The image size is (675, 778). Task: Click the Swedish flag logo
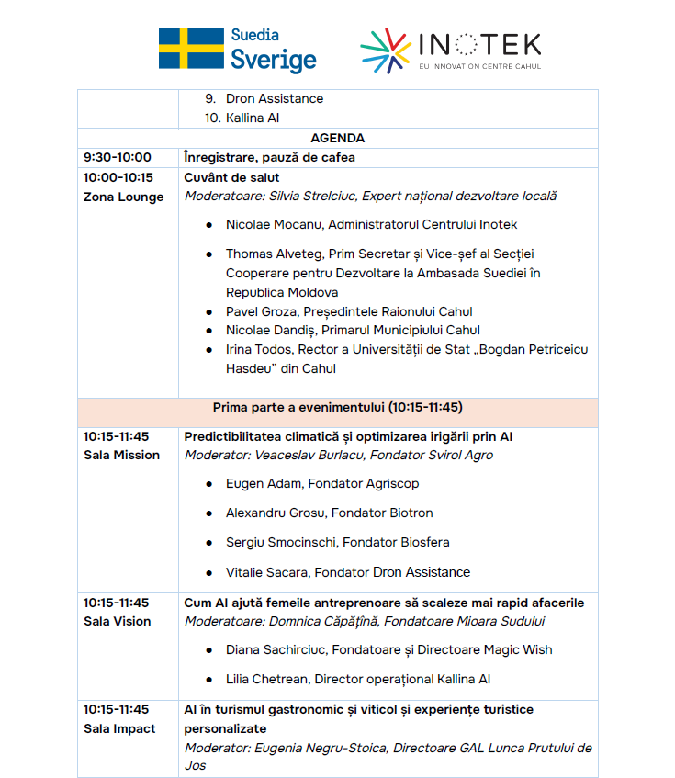(x=191, y=49)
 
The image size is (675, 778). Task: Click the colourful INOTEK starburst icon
(x=386, y=51)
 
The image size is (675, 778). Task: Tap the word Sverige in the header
(x=273, y=61)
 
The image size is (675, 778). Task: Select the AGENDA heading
(x=337, y=138)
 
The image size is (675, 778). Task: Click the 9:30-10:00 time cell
(x=118, y=157)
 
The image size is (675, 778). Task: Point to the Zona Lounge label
(x=123, y=197)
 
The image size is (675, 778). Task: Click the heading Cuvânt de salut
(x=231, y=177)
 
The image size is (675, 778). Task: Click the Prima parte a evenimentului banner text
(x=337, y=407)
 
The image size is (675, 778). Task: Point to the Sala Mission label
(x=121, y=455)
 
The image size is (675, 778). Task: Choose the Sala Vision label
(x=117, y=621)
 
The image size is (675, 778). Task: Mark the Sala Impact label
(x=119, y=728)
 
